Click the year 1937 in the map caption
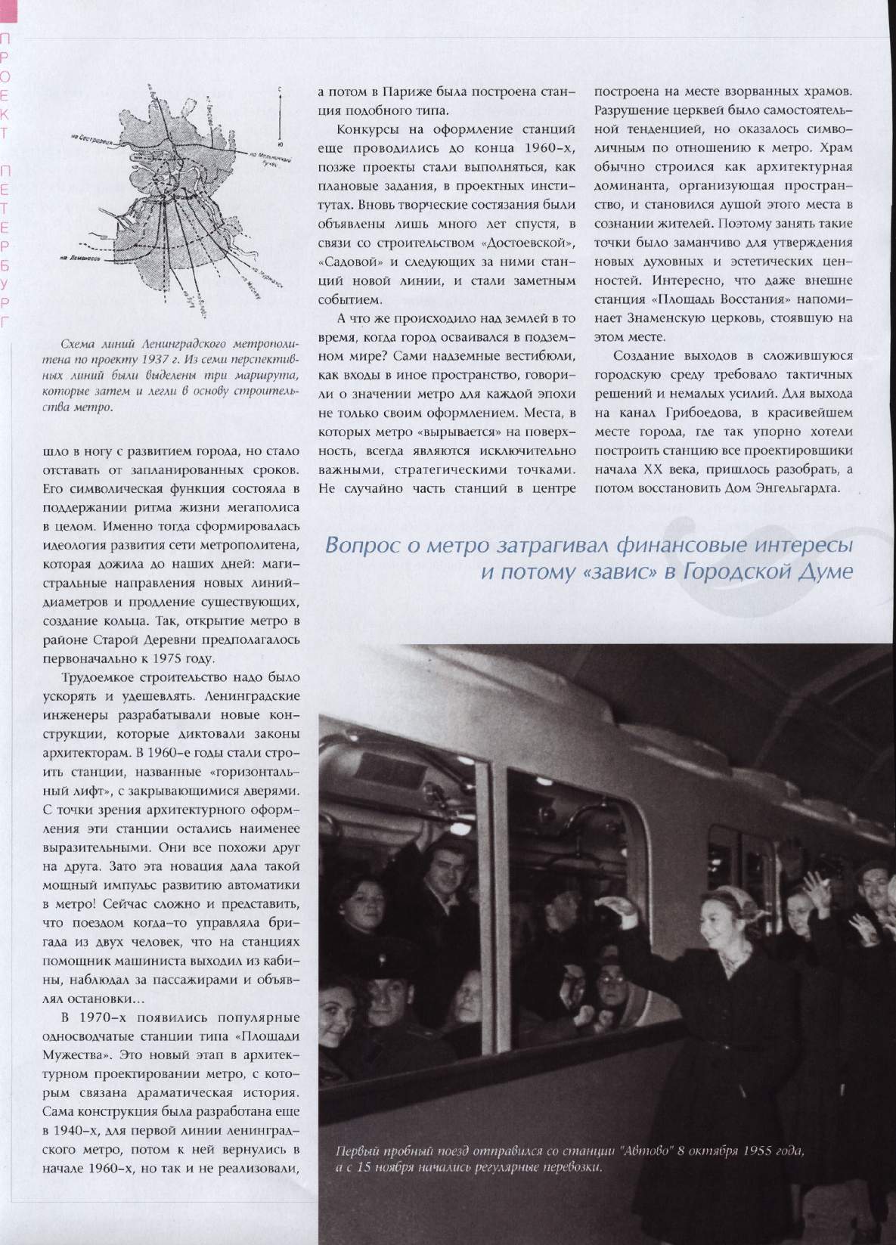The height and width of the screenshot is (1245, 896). click(169, 358)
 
